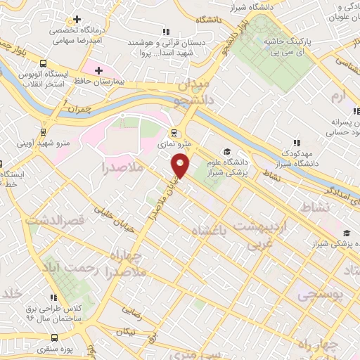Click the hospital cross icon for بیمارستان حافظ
pyautogui.click(x=99, y=71)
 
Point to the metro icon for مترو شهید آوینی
pyautogui.click(x=44, y=131)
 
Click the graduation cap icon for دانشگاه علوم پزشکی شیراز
pyautogui.click(x=226, y=151)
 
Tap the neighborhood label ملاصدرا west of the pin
pyautogui.click(x=122, y=167)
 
